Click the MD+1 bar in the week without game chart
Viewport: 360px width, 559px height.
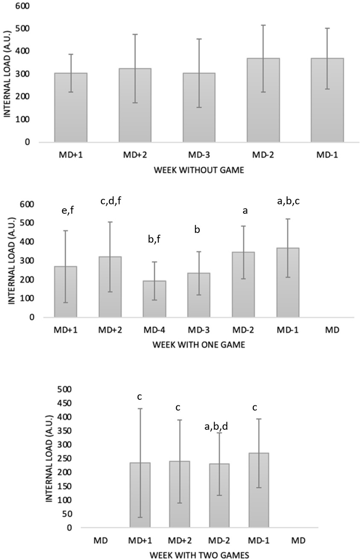click(70, 107)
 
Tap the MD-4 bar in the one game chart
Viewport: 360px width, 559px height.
click(154, 299)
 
